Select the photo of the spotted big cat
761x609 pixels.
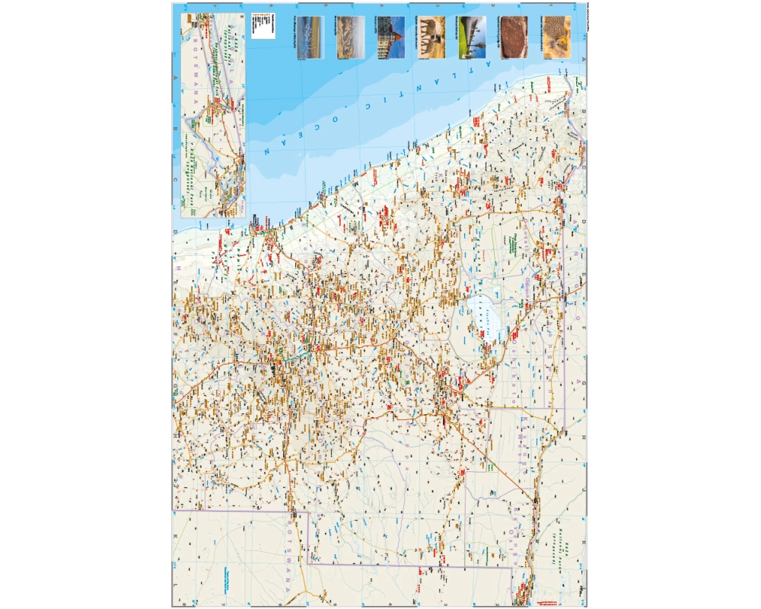click(x=557, y=38)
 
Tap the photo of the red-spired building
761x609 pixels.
click(x=389, y=38)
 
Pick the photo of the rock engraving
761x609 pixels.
click(x=514, y=38)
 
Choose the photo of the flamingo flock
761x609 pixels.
click(x=308, y=38)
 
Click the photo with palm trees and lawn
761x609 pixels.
click(x=472, y=38)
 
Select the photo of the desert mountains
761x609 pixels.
click(x=350, y=38)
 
